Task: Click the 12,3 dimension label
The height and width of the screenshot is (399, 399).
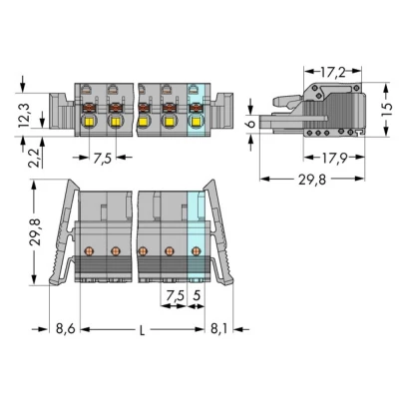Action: pyautogui.click(x=24, y=116)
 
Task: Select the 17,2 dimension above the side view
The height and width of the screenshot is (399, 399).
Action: pyautogui.click(x=333, y=72)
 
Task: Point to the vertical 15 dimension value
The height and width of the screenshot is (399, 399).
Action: pyautogui.click(x=387, y=111)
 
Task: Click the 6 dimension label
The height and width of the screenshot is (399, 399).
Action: pyautogui.click(x=251, y=124)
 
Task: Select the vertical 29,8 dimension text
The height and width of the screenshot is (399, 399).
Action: pyautogui.click(x=35, y=231)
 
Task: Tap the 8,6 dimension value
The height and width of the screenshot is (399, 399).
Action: pyautogui.click(x=66, y=329)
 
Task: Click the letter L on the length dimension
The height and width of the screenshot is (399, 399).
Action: pyautogui.click(x=142, y=330)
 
